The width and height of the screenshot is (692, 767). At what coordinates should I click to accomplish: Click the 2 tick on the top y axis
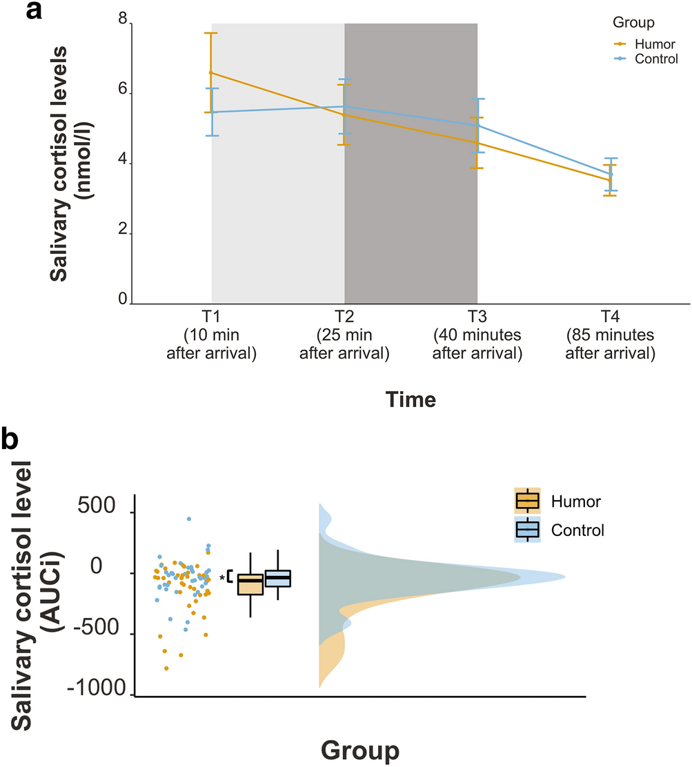[123, 233]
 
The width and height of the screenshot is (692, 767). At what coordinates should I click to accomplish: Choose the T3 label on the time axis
[477, 317]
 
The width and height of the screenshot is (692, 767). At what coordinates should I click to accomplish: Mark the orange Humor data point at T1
[211, 72]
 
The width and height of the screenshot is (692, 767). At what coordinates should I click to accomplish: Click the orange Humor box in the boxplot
[250, 584]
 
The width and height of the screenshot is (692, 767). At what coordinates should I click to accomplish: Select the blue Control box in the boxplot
[277, 578]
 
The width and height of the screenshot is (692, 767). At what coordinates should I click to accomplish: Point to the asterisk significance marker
[221, 578]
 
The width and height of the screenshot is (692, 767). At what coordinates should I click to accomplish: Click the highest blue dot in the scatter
[189, 519]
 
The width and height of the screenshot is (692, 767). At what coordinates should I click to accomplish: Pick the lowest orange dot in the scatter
[166, 668]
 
